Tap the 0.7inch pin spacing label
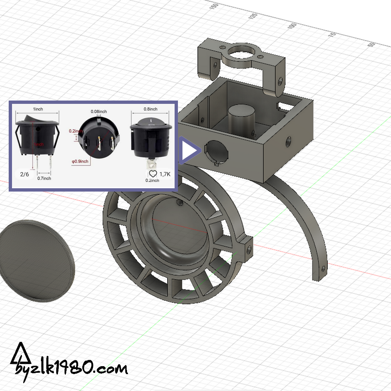point(44,178)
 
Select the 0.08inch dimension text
point(99,112)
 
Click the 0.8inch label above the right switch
point(150,109)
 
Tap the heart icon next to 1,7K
point(153,174)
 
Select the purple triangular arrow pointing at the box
point(189,151)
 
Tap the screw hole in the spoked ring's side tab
point(249,248)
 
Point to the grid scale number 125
point(253,16)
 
